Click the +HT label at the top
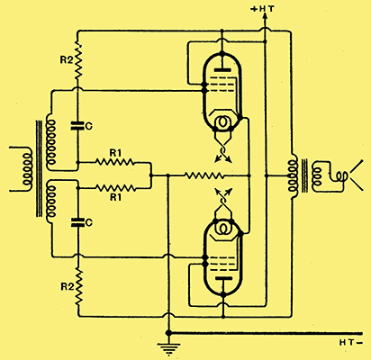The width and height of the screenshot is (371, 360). click(262, 9)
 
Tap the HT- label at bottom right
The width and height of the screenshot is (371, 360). click(351, 342)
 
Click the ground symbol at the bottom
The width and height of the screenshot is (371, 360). click(168, 348)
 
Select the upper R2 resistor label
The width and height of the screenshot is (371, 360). click(67, 60)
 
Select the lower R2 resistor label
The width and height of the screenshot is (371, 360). click(68, 287)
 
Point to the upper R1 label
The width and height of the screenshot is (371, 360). click(115, 153)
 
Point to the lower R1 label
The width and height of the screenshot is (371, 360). click(115, 197)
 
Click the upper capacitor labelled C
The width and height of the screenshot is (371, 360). click(77, 126)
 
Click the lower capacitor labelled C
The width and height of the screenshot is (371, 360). click(77, 222)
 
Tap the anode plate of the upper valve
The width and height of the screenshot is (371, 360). click(222, 70)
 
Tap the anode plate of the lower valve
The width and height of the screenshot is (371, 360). click(222, 278)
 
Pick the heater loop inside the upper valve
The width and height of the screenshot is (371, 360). click(222, 121)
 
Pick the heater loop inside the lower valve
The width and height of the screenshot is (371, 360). click(222, 229)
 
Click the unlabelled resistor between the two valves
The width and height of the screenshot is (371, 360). click(204, 175)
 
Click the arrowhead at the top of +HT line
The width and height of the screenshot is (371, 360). click(265, 18)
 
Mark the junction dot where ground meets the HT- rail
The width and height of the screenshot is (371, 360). click(168, 333)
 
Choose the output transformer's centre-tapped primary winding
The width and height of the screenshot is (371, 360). click(293, 175)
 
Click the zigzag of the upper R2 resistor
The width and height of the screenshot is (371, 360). click(78, 62)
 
